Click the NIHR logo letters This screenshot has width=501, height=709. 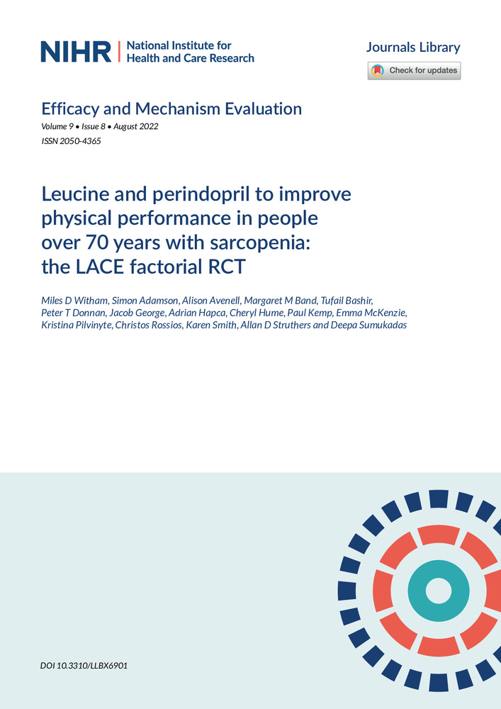click(x=76, y=52)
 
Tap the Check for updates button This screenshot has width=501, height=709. click(x=414, y=71)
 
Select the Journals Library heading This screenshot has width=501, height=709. click(x=413, y=48)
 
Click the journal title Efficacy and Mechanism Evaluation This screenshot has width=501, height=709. click(x=171, y=108)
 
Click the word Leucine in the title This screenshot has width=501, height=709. click(x=80, y=194)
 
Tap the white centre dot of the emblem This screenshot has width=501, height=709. click(x=439, y=590)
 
